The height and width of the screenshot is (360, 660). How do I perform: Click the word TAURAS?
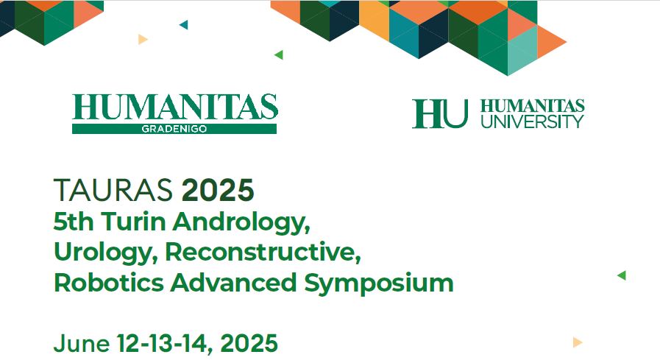point(113,191)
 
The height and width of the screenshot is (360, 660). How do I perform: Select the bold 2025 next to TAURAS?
point(218,191)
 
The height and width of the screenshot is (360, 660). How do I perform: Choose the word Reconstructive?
point(263,252)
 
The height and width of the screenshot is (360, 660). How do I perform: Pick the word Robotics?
point(109,282)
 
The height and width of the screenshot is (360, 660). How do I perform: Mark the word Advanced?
point(233,282)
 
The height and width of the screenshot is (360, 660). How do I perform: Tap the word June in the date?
point(81,343)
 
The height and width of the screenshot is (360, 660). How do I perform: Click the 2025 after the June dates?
point(249,343)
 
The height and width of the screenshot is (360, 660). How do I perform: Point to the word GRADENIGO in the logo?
point(174,130)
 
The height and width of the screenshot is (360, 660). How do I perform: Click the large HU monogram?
point(440,113)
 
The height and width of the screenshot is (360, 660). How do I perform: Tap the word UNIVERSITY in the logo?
point(532,121)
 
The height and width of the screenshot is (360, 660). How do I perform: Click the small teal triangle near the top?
point(183,25)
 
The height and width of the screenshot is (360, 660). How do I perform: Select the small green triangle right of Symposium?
point(621,275)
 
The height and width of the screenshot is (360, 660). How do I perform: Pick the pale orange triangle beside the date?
point(578,342)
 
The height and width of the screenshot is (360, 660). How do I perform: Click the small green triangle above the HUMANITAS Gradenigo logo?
point(279,54)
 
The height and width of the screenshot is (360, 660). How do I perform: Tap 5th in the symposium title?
point(74,221)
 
